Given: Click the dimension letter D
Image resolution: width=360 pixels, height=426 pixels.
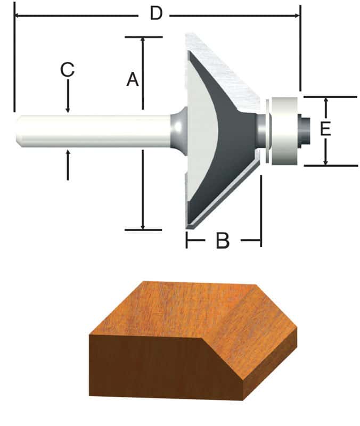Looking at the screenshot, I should [x=156, y=13].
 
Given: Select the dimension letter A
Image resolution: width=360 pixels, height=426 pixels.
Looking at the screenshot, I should [x=133, y=80].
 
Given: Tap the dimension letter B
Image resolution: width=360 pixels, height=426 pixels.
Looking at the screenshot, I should [x=223, y=241].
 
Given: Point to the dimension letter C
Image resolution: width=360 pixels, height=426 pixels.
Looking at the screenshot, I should [x=67, y=70].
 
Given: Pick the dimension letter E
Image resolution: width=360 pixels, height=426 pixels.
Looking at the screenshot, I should [x=325, y=129].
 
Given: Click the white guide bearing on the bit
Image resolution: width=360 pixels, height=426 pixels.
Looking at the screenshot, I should [x=284, y=129].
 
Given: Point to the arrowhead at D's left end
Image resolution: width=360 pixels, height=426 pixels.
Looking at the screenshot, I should [x=17, y=16].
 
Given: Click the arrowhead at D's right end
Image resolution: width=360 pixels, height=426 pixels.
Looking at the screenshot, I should [x=297, y=16].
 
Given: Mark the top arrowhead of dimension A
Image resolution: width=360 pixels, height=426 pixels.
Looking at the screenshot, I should [x=143, y=40].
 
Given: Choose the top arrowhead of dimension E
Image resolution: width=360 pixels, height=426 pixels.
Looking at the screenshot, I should [x=326, y=100].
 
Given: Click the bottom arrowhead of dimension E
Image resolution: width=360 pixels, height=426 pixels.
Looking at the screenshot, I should [x=326, y=162].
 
